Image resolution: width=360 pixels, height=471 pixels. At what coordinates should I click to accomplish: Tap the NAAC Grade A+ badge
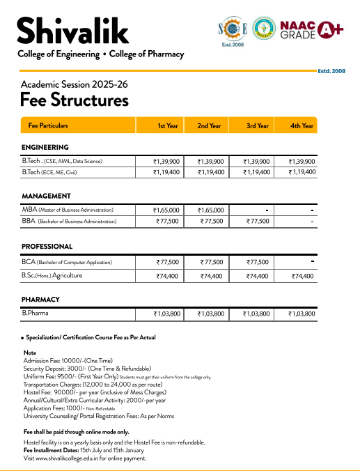pyautogui.click(x=312, y=29)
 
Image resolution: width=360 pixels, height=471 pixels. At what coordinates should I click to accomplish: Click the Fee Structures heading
pyautogui.click(x=75, y=100)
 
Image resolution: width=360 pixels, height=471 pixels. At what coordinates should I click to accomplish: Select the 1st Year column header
pyautogui.click(x=167, y=126)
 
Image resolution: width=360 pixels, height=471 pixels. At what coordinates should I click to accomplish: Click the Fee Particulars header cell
pyautogui.click(x=48, y=126)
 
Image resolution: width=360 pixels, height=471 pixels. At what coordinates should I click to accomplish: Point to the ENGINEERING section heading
pyautogui.click(x=45, y=148)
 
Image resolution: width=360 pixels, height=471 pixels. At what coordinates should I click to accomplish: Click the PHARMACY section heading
pyautogui.click(x=40, y=300)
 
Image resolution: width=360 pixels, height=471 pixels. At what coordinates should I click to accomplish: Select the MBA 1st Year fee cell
pyautogui.click(x=167, y=210)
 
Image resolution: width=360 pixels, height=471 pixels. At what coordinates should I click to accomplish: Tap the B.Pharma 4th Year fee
pyautogui.click(x=302, y=314)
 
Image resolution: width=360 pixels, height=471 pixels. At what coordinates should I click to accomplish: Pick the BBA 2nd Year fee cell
pyautogui.click(x=211, y=221)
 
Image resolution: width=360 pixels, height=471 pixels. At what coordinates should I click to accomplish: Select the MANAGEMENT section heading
pyautogui.click(x=47, y=196)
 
